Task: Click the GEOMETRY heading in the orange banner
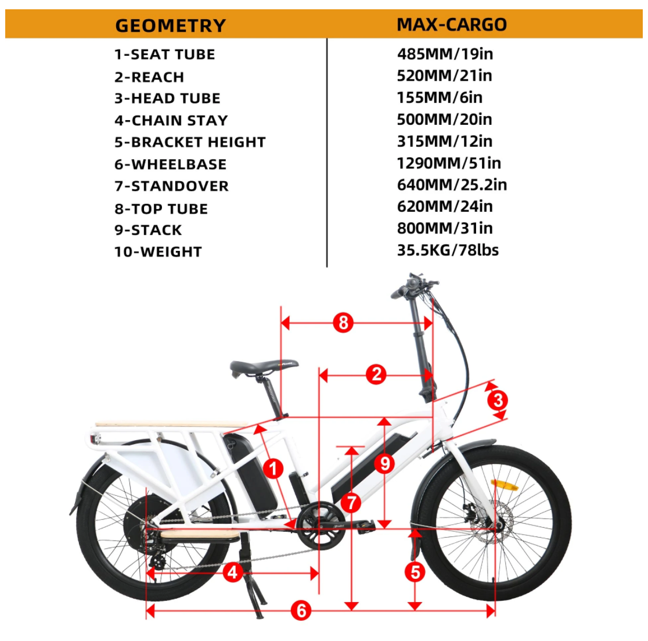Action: [170, 26]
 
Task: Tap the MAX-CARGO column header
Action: [451, 24]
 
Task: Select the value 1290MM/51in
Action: [449, 163]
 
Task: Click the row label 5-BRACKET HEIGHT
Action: [190, 142]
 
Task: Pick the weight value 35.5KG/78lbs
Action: [448, 250]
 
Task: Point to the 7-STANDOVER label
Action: [171, 186]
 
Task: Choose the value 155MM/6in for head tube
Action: [440, 98]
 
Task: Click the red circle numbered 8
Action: [343, 322]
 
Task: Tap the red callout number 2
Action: [376, 374]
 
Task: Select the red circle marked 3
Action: [498, 400]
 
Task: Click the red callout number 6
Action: [301, 610]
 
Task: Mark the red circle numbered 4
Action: [233, 572]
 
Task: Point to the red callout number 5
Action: [415, 572]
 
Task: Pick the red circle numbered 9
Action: [384, 463]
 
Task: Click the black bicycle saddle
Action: [263, 367]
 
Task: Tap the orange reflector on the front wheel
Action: [503, 484]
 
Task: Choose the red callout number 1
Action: [273, 468]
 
